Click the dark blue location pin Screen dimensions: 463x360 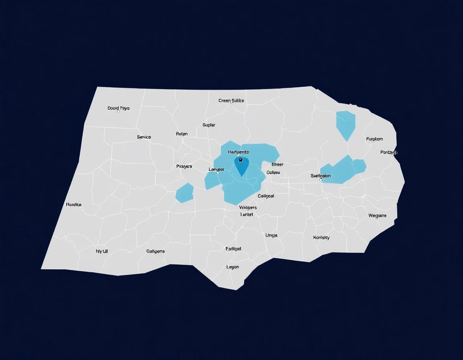[x=241, y=165]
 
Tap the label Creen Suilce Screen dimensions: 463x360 [x=231, y=101]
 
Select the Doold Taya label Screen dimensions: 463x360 [x=119, y=108]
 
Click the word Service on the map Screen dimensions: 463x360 [x=144, y=137]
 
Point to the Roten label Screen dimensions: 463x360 [x=182, y=134]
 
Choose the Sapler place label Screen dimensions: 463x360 [x=209, y=125]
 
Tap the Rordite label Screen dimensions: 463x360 [x=74, y=205]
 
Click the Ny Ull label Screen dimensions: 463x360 [x=102, y=251]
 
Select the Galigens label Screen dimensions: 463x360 [x=155, y=251]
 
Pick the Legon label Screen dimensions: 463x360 [x=233, y=267]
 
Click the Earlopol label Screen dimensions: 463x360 [x=234, y=249]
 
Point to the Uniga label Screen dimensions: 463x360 [x=271, y=235]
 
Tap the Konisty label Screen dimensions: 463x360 [x=321, y=237]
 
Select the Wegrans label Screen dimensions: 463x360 [x=377, y=215]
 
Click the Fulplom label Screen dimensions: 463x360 [x=374, y=139]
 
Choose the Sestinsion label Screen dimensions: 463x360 [x=321, y=176]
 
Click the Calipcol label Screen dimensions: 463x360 [x=266, y=196]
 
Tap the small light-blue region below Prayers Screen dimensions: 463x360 [x=184, y=193]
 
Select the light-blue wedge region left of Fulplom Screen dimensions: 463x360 [x=345, y=124]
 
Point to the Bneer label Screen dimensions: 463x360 [x=277, y=164]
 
